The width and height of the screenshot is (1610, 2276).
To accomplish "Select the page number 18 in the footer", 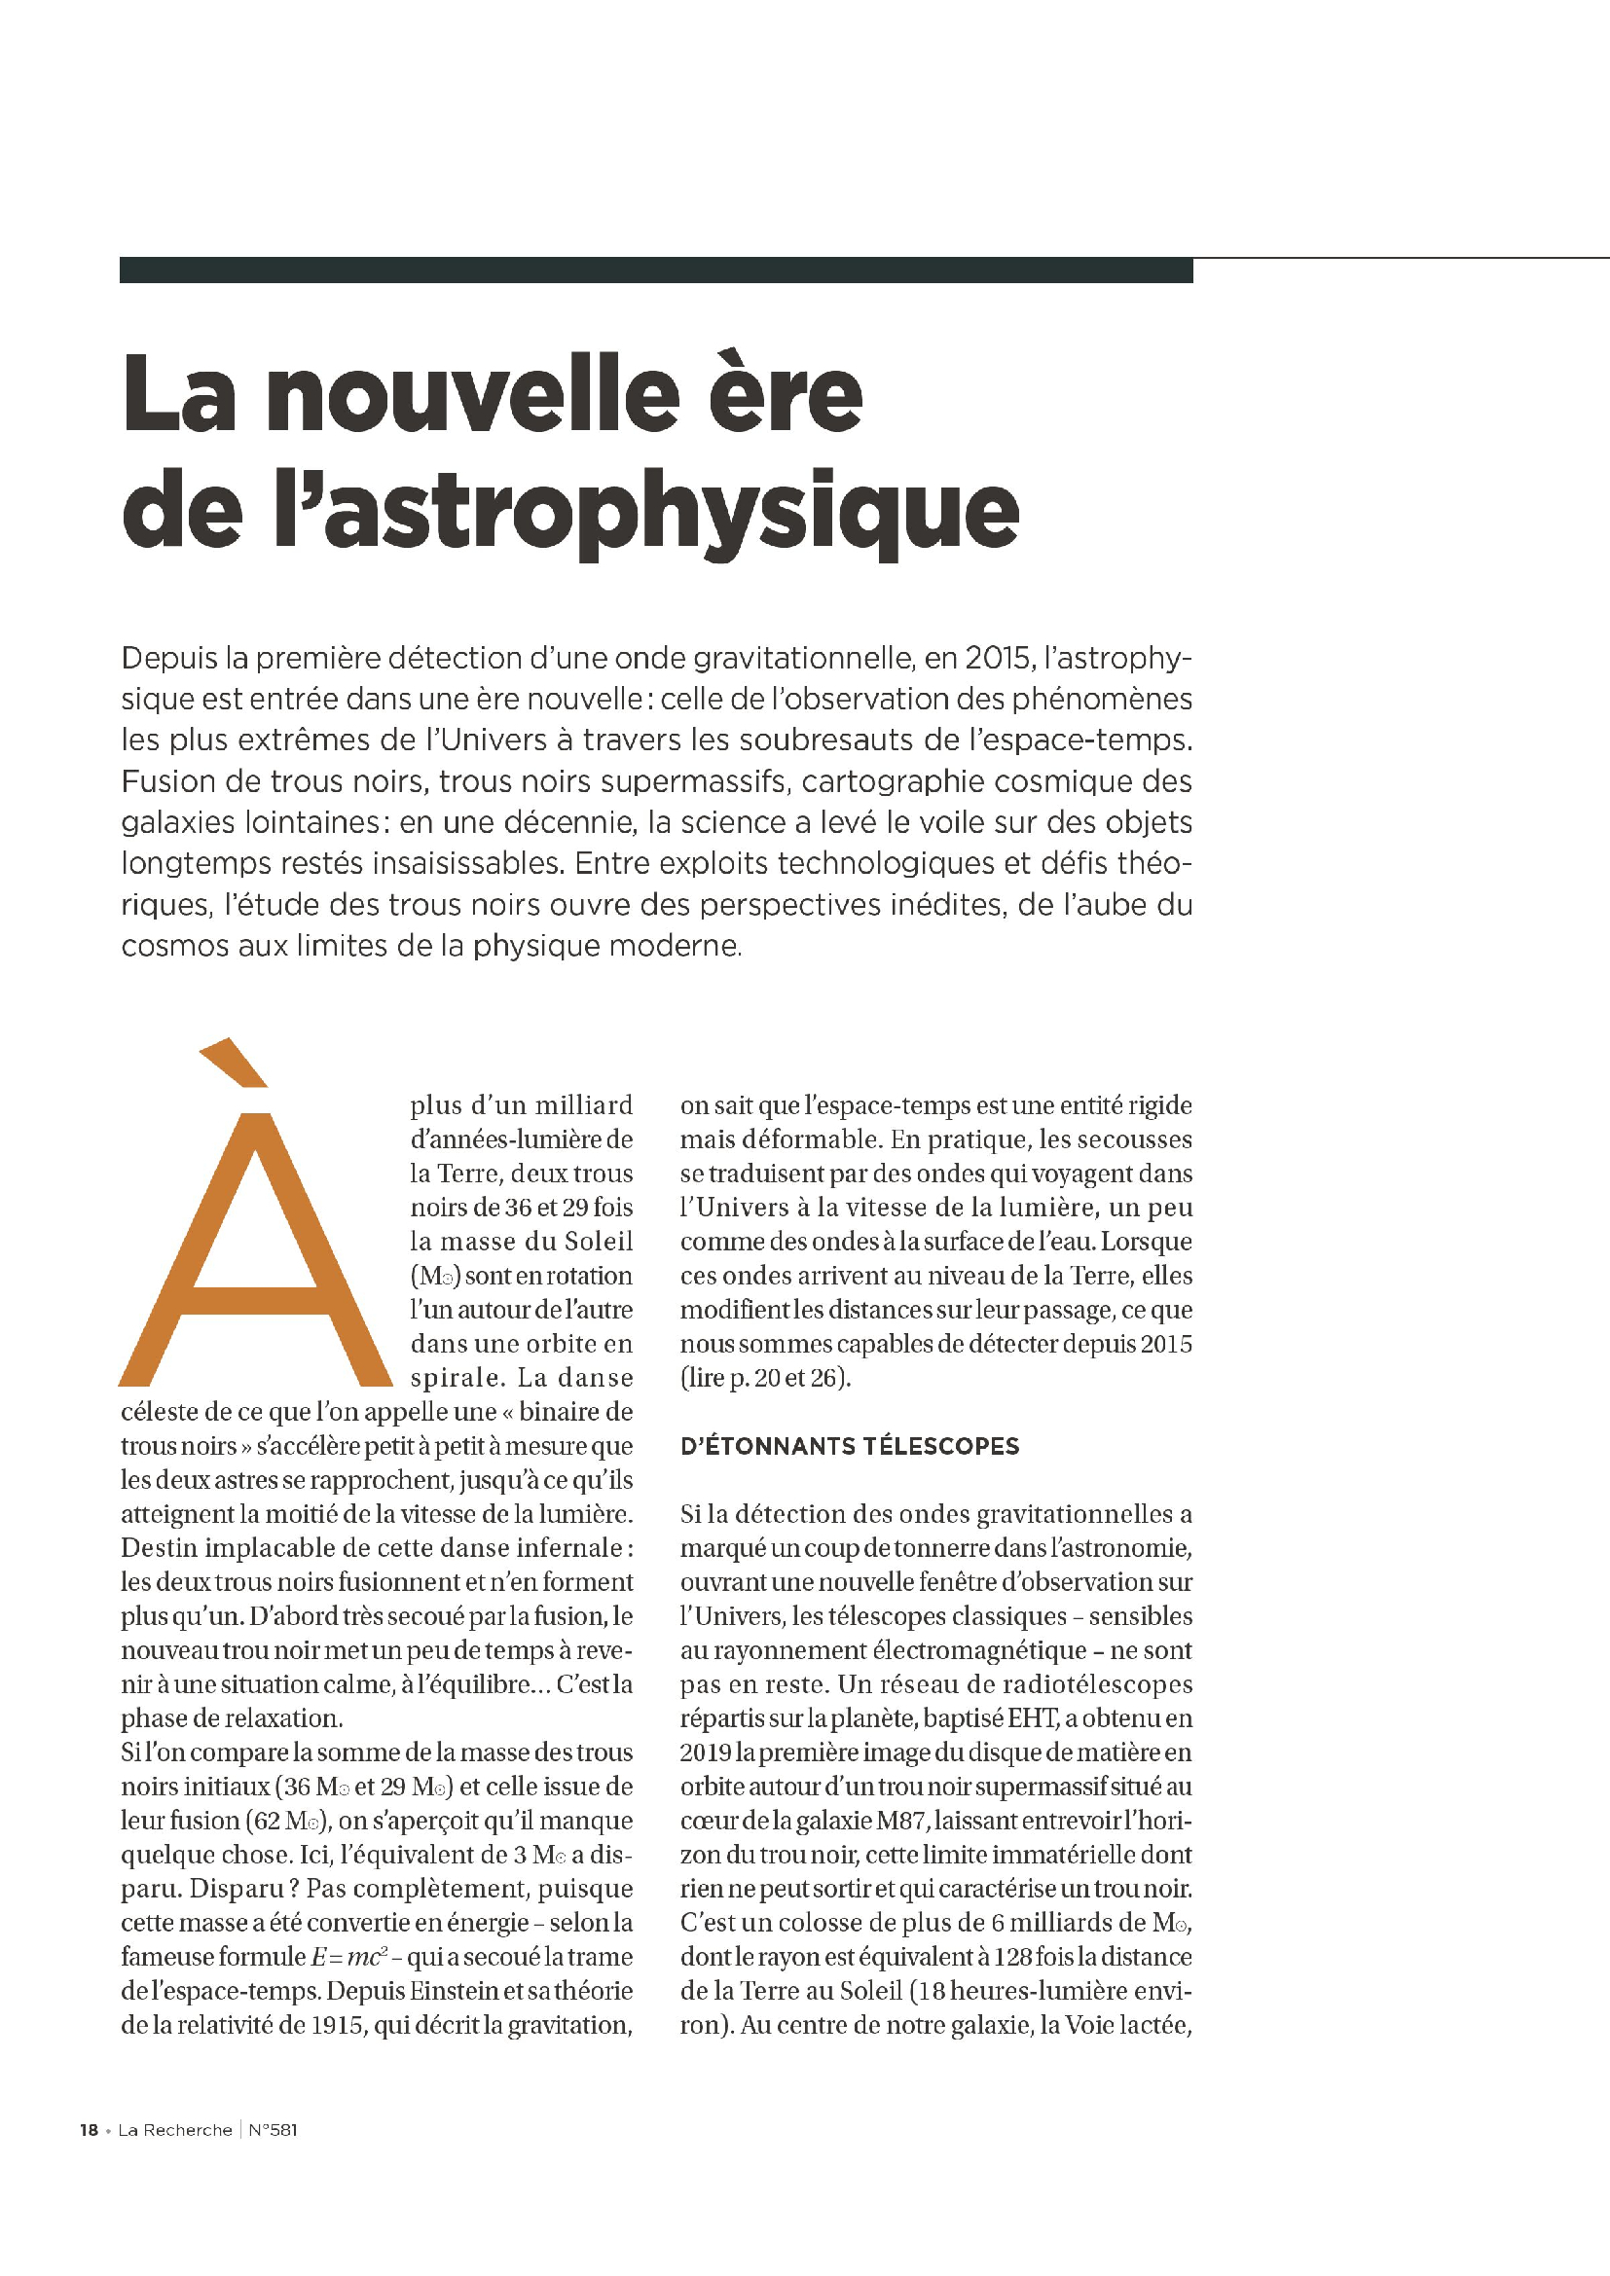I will (x=89, y=2129).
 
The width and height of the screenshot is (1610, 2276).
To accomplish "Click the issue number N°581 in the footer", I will (x=272, y=2129).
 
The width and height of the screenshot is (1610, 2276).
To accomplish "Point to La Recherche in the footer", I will (x=174, y=2129).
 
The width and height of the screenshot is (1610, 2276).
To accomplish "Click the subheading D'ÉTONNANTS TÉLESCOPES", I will (x=849, y=1446).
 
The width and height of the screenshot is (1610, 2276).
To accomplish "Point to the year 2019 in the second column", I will (x=706, y=1752).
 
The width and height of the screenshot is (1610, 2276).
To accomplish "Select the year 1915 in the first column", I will (x=336, y=2024).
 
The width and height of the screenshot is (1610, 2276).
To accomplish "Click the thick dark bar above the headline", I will (x=655, y=270).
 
